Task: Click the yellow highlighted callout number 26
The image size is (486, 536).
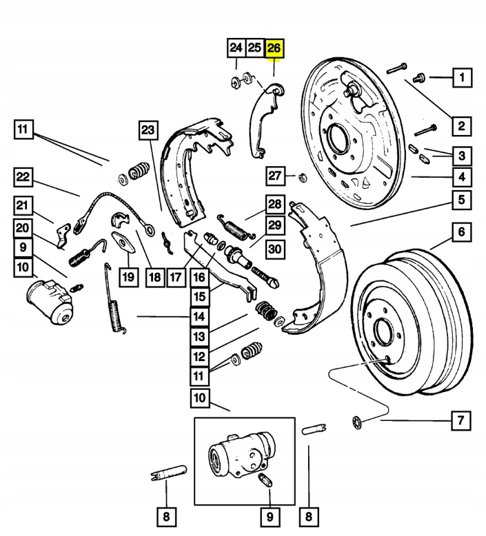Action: tap(274, 48)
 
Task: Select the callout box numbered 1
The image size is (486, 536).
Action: tap(462, 77)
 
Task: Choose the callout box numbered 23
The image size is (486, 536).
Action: tap(148, 130)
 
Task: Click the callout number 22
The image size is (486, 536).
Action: tap(23, 178)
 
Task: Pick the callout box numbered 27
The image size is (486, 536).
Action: tap(276, 176)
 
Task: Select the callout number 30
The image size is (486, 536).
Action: tap(274, 249)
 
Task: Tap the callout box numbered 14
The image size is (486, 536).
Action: tap(199, 317)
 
